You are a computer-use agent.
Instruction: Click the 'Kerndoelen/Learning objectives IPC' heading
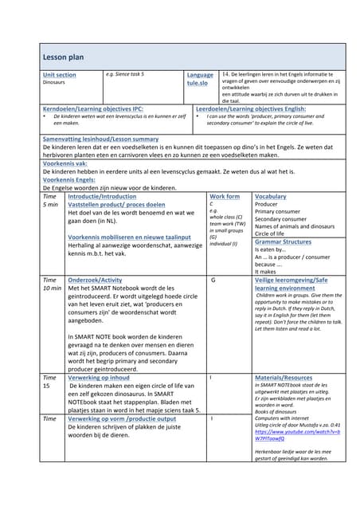pyautogui.click(x=92, y=108)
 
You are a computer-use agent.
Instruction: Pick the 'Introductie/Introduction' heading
pyautogui.click(x=102, y=196)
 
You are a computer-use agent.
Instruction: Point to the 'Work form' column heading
pyautogui.click(x=224, y=196)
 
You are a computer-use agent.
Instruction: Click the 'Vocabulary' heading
pyautogui.click(x=271, y=196)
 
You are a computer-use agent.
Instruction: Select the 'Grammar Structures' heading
pyautogui.click(x=284, y=241)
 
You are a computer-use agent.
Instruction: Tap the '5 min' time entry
pyautogui.click(x=50, y=205)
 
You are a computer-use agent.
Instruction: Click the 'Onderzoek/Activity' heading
pyautogui.click(x=95, y=280)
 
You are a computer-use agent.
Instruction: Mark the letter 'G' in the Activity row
pyautogui.click(x=213, y=280)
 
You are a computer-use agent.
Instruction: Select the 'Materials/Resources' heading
pyautogui.click(x=284, y=378)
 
